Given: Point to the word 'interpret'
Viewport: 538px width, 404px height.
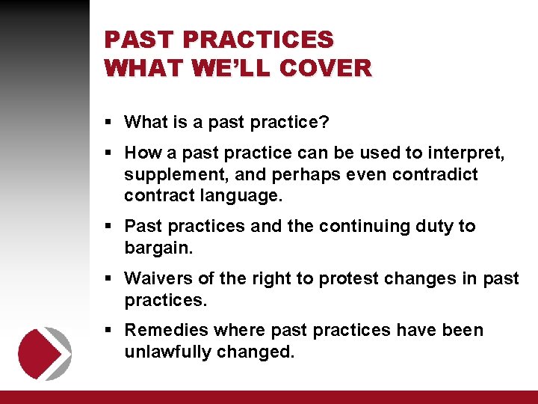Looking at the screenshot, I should click(465, 153).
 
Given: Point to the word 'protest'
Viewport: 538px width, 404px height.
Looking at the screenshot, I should click(347, 278).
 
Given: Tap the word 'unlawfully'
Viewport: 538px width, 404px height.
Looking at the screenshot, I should click(167, 351).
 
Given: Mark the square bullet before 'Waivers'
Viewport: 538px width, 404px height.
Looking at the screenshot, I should click(109, 279).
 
